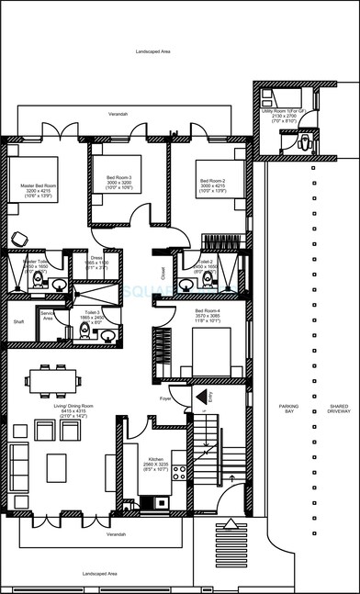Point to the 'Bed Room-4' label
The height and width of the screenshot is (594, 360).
(x=208, y=311)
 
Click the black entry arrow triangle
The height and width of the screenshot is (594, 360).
(x=200, y=396)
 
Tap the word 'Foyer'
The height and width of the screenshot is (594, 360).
(x=165, y=398)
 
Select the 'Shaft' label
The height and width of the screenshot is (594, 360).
(x=18, y=322)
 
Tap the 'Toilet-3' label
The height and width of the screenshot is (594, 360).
(x=92, y=312)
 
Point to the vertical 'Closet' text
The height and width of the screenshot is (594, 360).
(x=163, y=272)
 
